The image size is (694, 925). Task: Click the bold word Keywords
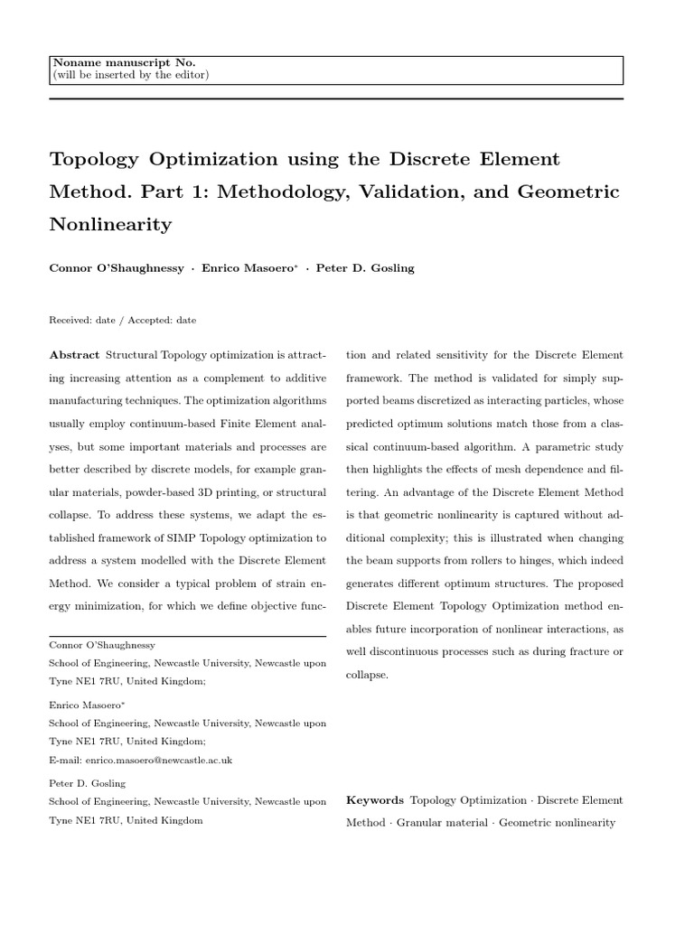(x=374, y=800)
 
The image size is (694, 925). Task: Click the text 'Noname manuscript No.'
(x=125, y=62)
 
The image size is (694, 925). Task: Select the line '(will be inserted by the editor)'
(x=131, y=75)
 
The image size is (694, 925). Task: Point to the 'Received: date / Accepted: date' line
(x=122, y=320)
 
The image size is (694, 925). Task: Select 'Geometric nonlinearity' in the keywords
(x=556, y=823)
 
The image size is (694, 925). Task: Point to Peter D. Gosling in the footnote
(x=87, y=783)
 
